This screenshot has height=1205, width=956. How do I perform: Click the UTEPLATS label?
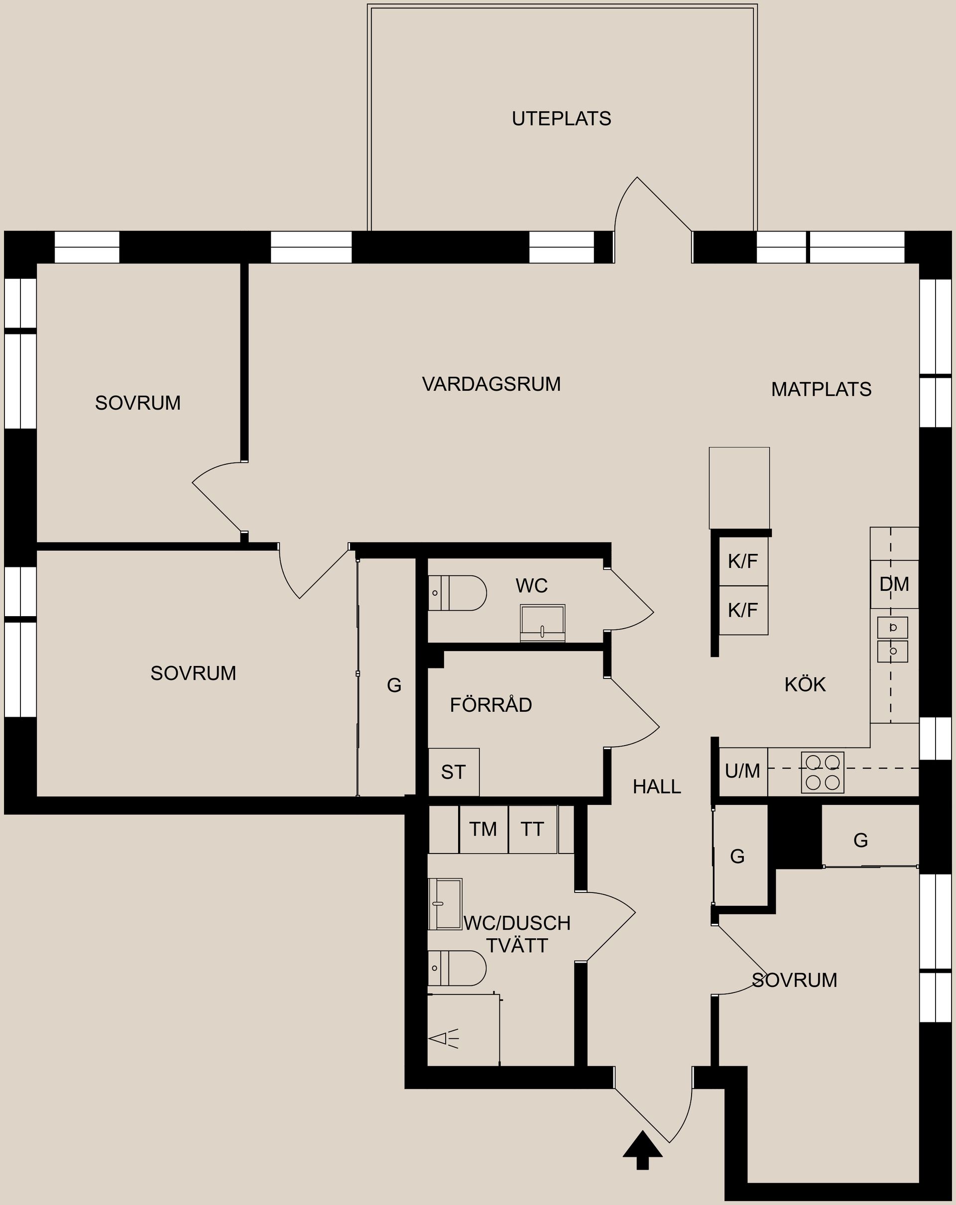point(561,118)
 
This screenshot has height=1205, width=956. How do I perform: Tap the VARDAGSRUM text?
point(491,384)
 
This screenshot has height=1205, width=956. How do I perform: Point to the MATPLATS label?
point(821,389)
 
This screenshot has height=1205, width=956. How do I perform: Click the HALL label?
point(657,786)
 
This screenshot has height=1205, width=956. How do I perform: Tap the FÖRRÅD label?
point(491,704)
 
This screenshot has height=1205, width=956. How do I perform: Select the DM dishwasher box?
point(894,584)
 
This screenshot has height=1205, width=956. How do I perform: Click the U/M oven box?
point(743,771)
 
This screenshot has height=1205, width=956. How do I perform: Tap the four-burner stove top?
point(823,772)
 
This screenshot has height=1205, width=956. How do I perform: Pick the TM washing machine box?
point(483,829)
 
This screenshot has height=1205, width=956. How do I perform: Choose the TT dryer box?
point(533,829)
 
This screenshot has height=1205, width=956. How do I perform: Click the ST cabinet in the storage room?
point(454,772)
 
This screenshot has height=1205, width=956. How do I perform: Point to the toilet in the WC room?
point(457,593)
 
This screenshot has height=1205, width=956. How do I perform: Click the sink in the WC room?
point(542,623)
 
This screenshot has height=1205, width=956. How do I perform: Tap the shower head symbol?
point(443,1039)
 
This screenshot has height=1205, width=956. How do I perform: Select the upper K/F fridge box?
point(743,561)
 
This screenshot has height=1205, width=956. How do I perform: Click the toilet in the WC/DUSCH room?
point(457,968)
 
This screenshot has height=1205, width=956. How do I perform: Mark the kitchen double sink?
point(892,640)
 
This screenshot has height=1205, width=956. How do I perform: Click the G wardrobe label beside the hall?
point(737,856)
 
